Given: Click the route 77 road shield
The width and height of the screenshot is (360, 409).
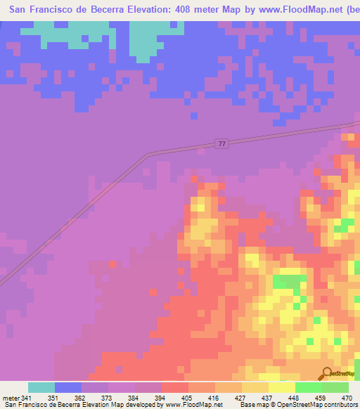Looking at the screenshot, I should [x=221, y=143].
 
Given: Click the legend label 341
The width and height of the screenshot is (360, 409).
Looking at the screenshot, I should [x=26, y=398].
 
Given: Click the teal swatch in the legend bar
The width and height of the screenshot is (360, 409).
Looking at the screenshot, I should [x=41, y=387].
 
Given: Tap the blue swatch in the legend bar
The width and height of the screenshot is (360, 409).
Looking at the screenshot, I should [x=68, y=387].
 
